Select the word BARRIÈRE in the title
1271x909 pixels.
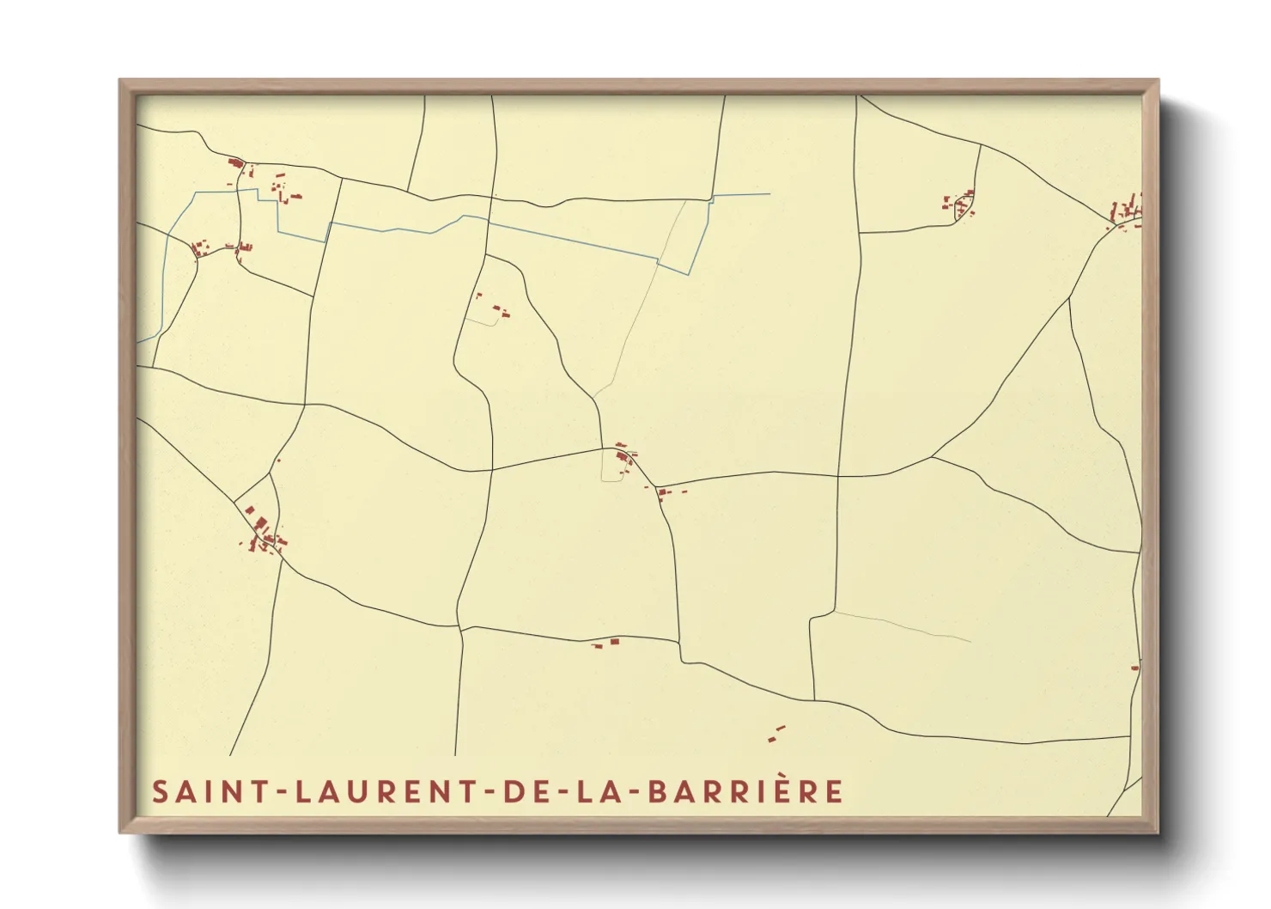point(745,791)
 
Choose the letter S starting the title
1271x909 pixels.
point(161,791)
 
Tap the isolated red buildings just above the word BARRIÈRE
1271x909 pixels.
point(776,733)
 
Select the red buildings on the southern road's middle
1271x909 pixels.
point(606,642)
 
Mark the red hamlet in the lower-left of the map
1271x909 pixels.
point(262,531)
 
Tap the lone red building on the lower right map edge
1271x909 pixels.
point(1134,667)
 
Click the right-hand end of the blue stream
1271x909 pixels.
point(769,194)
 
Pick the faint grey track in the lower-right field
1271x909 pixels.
point(902,625)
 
